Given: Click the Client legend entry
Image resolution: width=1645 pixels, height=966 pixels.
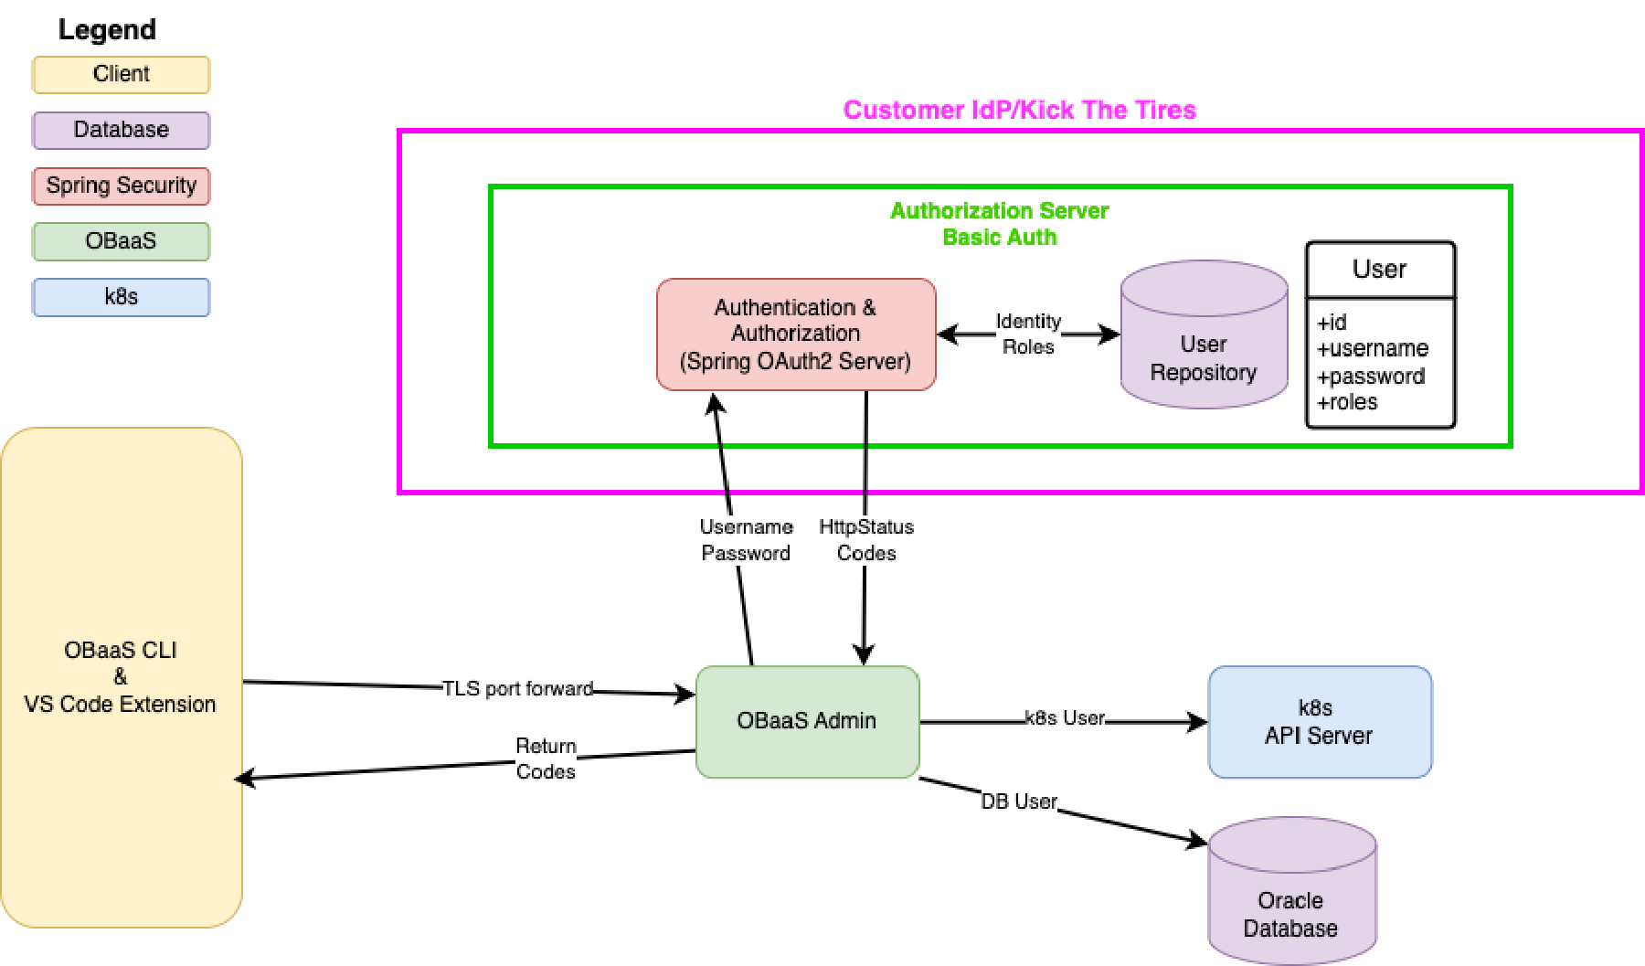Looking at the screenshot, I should click(x=121, y=75).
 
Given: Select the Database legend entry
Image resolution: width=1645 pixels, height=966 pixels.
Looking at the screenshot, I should click(x=121, y=130).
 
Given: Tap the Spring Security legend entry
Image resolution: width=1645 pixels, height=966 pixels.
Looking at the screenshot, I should click(x=121, y=186).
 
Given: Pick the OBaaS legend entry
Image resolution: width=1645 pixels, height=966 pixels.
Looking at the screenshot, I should click(x=121, y=241).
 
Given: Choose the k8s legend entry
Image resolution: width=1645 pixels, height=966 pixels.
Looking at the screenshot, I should click(x=121, y=297).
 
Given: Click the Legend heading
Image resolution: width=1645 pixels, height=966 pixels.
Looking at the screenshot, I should click(x=107, y=30).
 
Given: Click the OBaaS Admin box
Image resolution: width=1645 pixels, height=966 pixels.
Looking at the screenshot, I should click(x=807, y=721).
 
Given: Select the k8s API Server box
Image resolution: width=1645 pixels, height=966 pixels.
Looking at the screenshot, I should click(x=1319, y=722).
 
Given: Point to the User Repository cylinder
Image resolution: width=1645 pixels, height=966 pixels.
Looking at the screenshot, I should click(x=1204, y=348).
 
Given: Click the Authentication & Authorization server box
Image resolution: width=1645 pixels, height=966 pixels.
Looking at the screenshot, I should click(x=795, y=334).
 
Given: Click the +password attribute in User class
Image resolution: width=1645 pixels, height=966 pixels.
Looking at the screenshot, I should click(x=1370, y=376).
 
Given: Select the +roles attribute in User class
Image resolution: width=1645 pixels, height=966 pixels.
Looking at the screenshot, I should click(x=1346, y=402).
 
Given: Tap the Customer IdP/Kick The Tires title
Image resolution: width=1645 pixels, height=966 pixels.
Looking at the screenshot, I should click(x=1019, y=111).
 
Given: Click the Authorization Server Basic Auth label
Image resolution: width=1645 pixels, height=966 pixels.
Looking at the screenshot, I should click(x=999, y=224).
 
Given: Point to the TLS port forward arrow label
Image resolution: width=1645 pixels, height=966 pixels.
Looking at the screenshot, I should click(x=518, y=688).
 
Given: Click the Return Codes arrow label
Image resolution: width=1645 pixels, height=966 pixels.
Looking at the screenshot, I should click(x=546, y=759).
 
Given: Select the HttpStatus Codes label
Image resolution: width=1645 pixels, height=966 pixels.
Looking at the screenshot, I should click(x=865, y=540).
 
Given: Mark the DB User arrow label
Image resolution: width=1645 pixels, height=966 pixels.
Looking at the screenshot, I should click(x=1019, y=801).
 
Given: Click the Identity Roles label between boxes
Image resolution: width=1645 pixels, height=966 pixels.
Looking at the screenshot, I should click(x=1028, y=334).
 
